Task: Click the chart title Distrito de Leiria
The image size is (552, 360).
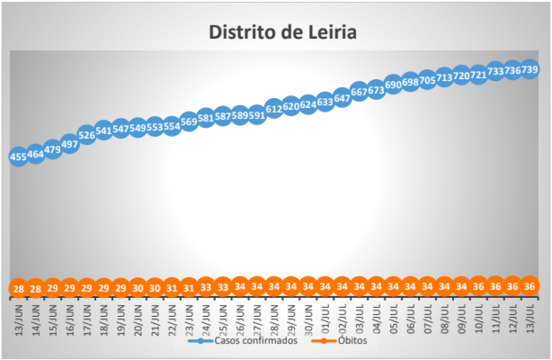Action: tap(283, 33)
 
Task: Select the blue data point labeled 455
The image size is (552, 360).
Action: tap(18, 157)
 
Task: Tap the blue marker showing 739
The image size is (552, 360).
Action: tap(529, 69)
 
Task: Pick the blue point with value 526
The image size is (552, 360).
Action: tap(86, 135)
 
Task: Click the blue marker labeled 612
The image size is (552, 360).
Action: tap(274, 108)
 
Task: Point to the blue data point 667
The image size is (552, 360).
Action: tap(359, 92)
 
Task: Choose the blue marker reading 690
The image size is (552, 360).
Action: tap(393, 85)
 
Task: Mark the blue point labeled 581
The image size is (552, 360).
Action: tap(206, 118)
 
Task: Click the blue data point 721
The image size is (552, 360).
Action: tap(478, 75)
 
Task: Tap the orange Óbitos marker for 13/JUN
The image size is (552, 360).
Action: tap(18, 289)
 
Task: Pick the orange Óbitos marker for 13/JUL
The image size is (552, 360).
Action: tap(529, 286)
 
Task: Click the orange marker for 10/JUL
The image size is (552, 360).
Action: tap(478, 286)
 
